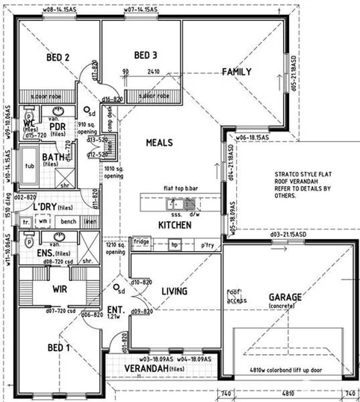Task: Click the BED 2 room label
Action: [58, 58]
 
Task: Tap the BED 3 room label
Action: [146, 55]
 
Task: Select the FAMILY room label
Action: [236, 72]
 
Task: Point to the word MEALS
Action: [159, 142]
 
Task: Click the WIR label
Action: [60, 287]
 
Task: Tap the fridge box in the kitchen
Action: [141, 241]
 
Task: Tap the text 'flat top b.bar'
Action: [180, 190]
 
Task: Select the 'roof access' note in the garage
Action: [237, 295]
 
